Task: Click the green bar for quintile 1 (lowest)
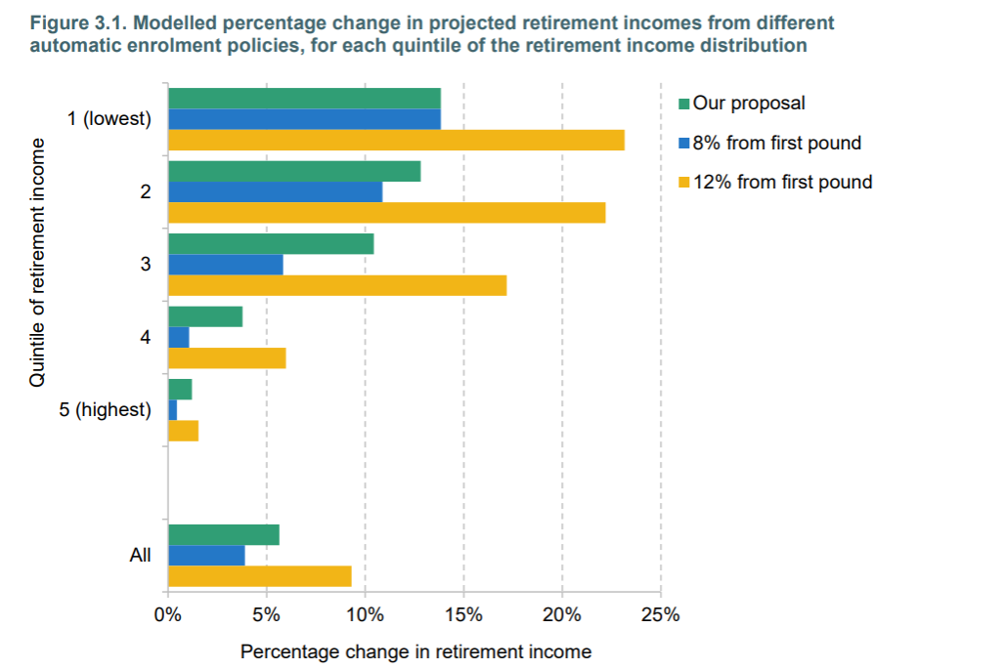click(304, 99)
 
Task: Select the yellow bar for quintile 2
click(386, 213)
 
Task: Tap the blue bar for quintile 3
click(225, 265)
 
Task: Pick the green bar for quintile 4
click(204, 316)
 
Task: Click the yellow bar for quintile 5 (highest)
click(183, 431)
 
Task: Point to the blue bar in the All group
click(206, 555)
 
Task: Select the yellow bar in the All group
click(259, 576)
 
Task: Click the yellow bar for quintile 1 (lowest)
click(396, 141)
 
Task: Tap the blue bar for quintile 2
click(275, 191)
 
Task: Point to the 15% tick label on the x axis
click(463, 615)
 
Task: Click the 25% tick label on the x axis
click(660, 615)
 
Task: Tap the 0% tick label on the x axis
click(168, 615)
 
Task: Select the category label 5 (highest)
click(106, 409)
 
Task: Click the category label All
click(140, 555)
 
